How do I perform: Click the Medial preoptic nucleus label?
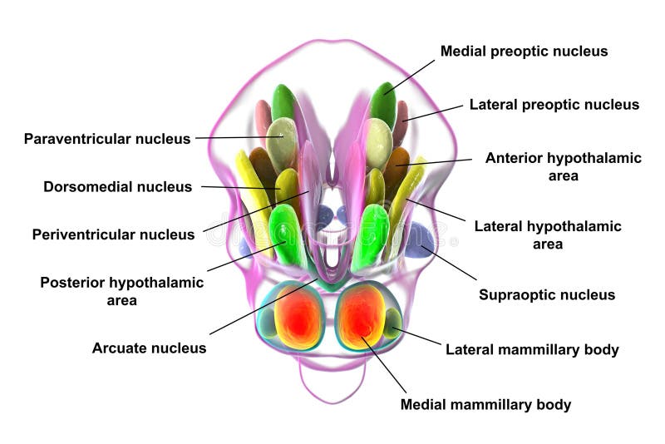pyautogui.click(x=524, y=52)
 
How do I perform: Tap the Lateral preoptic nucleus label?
pyautogui.click(x=554, y=105)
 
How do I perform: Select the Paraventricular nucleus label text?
pyautogui.click(x=107, y=139)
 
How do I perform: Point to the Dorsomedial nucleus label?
pyautogui.click(x=117, y=187)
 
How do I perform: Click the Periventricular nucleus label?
pyautogui.click(x=113, y=234)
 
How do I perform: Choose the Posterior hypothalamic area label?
pyautogui.click(x=121, y=290)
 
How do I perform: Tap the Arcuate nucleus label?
pyautogui.click(x=149, y=348)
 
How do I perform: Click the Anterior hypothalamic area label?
pyautogui.click(x=563, y=166)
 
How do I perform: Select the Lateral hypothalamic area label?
pyautogui.click(x=547, y=234)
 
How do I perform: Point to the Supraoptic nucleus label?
pyautogui.click(x=546, y=294)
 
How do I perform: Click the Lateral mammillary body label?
pyautogui.click(x=532, y=349)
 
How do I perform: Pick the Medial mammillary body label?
pyautogui.click(x=485, y=405)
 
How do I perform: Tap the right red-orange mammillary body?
pyautogui.click(x=362, y=318)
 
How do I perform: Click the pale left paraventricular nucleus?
pyautogui.click(x=282, y=141)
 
